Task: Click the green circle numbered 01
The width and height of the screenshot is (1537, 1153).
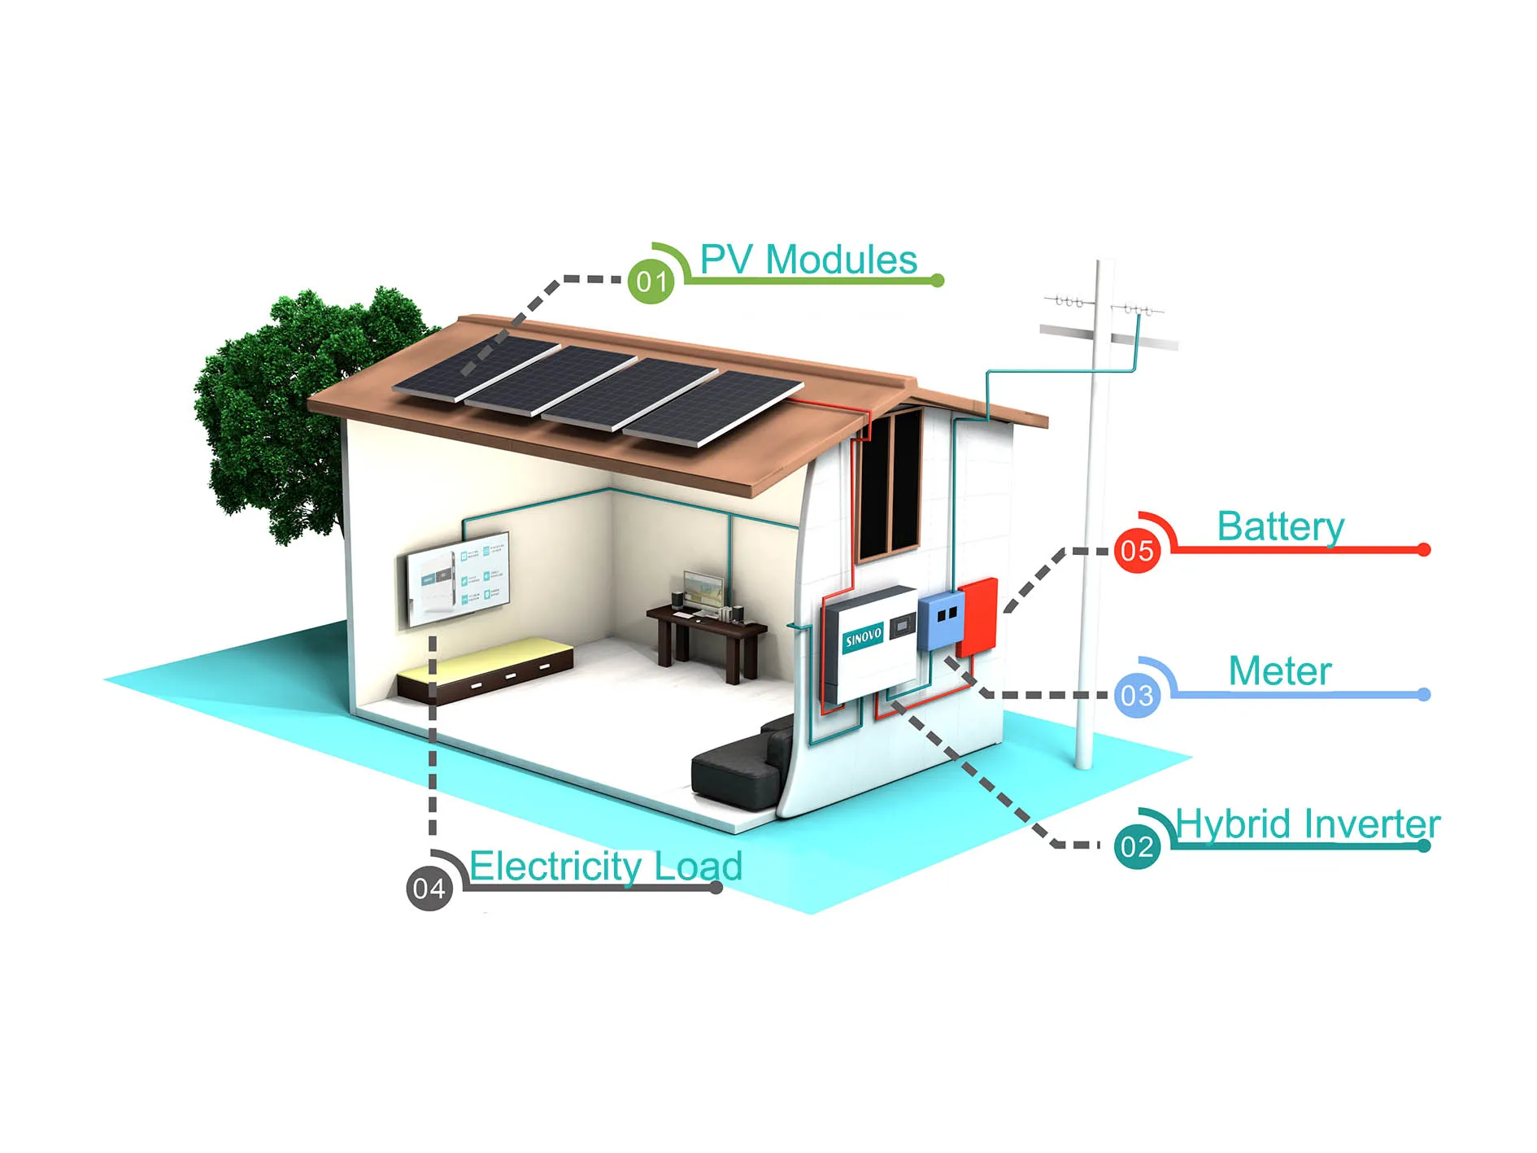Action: [x=651, y=282]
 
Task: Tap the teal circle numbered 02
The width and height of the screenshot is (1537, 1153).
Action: [x=1136, y=846]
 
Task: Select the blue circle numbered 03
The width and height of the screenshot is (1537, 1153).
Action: [x=1136, y=696]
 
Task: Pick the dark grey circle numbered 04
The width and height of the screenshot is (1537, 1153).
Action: [x=429, y=888]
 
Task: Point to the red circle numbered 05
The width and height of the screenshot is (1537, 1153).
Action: [x=1136, y=551]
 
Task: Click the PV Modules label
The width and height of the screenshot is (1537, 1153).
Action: [x=808, y=260]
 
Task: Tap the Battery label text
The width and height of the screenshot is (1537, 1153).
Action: [x=1280, y=526]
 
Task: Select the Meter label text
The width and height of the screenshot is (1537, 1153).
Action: [x=1279, y=671]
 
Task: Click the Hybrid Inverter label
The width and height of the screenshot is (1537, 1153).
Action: [x=1307, y=824]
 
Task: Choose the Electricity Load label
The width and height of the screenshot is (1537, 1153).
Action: [x=606, y=866]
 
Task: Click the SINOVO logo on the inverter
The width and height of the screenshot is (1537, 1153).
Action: [x=863, y=637]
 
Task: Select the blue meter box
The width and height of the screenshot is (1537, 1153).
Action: [x=942, y=620]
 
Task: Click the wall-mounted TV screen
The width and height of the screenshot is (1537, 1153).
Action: [x=458, y=579]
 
